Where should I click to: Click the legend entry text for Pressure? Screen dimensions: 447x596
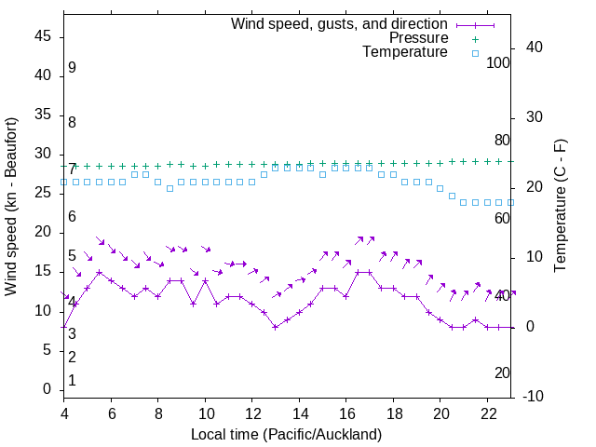(418, 38)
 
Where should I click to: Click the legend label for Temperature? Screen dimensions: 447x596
(405, 52)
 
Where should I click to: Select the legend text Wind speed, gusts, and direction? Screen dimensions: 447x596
(340, 23)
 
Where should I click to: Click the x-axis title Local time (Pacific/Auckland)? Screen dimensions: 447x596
(286, 435)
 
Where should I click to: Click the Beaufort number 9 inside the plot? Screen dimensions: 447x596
(72, 68)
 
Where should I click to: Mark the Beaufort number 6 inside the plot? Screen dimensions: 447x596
(72, 217)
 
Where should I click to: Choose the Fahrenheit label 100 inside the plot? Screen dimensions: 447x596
(498, 63)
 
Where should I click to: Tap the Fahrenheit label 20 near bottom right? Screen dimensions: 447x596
(502, 372)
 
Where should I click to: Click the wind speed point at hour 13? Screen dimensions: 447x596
(276, 327)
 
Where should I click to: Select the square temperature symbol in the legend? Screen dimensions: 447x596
(474, 53)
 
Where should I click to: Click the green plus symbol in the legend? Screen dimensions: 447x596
(474, 38)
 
